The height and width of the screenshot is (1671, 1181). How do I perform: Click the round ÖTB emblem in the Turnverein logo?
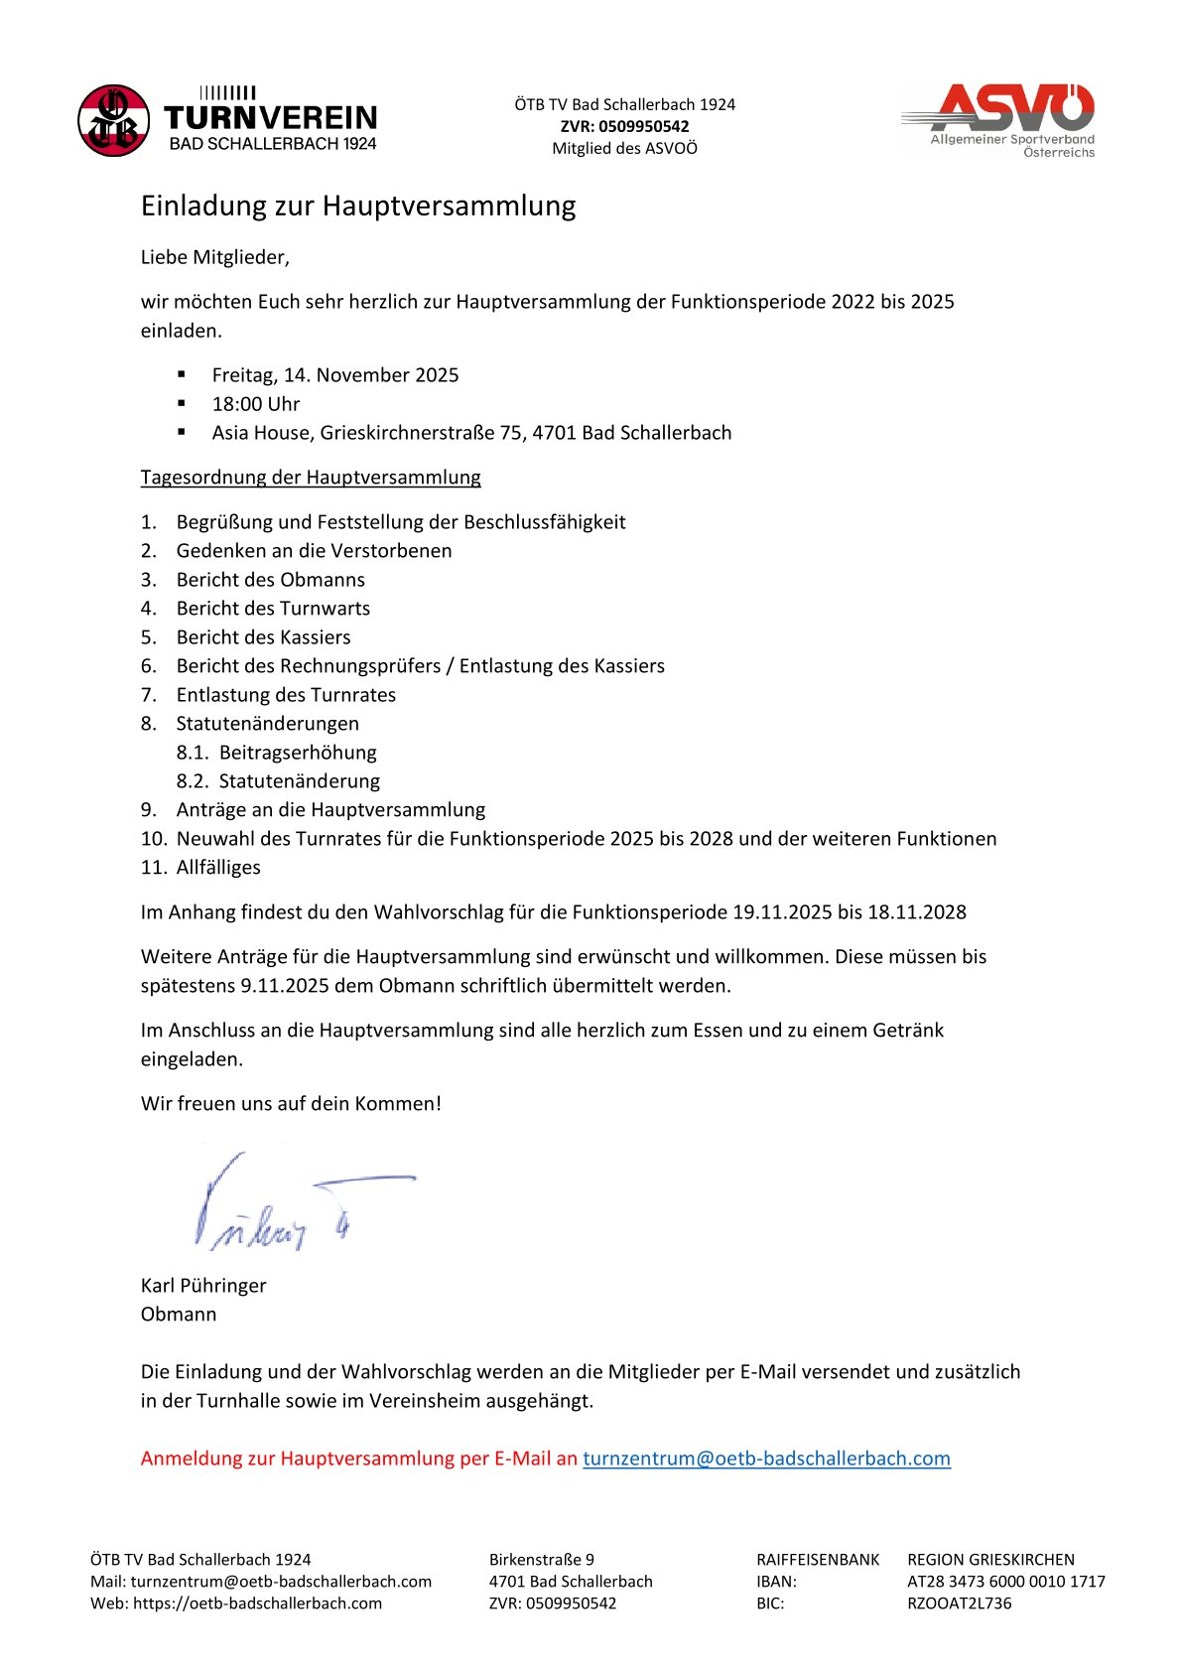click(114, 121)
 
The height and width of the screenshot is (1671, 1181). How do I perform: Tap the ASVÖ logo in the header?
click(998, 120)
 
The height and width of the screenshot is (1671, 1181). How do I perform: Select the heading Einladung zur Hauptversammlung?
click(358, 206)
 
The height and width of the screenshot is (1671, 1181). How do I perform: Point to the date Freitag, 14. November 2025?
click(335, 375)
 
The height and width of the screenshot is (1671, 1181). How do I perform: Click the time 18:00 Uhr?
click(256, 404)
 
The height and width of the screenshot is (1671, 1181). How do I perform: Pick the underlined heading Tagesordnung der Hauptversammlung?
click(311, 478)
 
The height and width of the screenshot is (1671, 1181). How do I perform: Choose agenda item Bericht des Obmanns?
click(270, 580)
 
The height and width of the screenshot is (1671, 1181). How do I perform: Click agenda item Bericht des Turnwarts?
click(273, 609)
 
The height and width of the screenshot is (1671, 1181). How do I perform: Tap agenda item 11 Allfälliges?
click(218, 868)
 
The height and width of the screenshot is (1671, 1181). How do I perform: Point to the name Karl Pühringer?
click(203, 1286)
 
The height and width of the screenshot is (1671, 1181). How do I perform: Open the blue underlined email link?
click(766, 1459)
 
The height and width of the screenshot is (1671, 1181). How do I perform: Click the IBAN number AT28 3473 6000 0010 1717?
click(1005, 1582)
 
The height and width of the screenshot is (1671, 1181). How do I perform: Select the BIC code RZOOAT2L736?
click(959, 1603)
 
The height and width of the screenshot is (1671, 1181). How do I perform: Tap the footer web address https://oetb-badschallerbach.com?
click(257, 1603)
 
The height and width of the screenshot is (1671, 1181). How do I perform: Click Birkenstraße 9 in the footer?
click(541, 1560)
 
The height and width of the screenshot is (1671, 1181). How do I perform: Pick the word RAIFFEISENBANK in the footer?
click(818, 1560)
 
